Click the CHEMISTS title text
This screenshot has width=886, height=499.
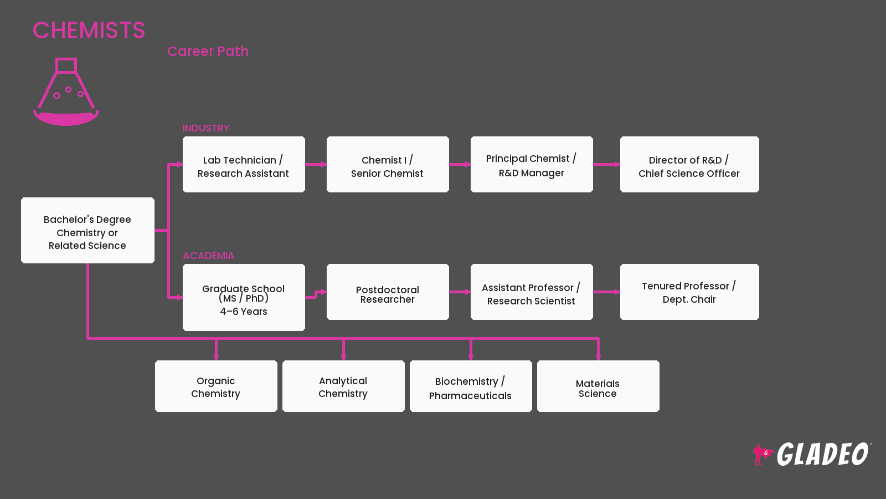pyautogui.click(x=89, y=30)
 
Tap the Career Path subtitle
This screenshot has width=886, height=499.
pyautogui.click(x=208, y=52)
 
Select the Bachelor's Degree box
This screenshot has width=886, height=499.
pyautogui.click(x=88, y=231)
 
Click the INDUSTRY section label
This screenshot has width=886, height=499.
pyautogui.click(x=206, y=128)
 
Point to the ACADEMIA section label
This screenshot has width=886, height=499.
pyautogui.click(x=208, y=256)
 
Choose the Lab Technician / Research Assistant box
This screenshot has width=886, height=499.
pyautogui.click(x=244, y=165)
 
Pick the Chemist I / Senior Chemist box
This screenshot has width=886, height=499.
pyautogui.click(x=388, y=165)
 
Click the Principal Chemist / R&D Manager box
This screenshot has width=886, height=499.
pyautogui.click(x=532, y=165)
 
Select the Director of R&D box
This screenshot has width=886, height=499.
pyautogui.click(x=689, y=165)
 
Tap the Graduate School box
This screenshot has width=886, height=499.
pyautogui.click(x=244, y=297)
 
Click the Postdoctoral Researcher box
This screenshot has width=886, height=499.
pyautogui.click(x=388, y=292)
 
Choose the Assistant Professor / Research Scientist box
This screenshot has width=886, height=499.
pyautogui.click(x=532, y=292)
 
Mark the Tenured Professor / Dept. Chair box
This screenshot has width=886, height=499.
pyautogui.click(x=689, y=292)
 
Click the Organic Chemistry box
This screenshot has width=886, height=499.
pyautogui.click(x=216, y=386)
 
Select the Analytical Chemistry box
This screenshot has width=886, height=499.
pyautogui.click(x=343, y=386)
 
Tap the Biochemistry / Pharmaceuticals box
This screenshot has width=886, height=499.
pyautogui.click(x=471, y=386)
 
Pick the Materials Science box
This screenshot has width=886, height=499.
pyautogui.click(x=598, y=386)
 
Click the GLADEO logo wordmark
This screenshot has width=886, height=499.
pyautogui.click(x=823, y=454)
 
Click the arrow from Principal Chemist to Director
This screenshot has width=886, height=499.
pyautogui.click(x=606, y=164)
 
